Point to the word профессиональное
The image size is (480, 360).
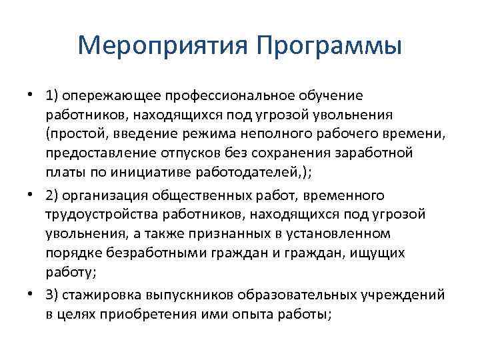tap(223, 97)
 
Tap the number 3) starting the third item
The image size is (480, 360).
tap(53, 296)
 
